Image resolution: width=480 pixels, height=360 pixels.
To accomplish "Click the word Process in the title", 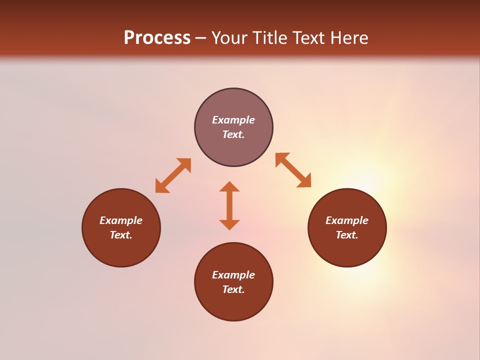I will (x=157, y=38).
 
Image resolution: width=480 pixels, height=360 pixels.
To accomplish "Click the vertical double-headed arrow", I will (x=229, y=205).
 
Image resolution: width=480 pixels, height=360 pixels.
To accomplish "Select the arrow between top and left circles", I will (x=173, y=175).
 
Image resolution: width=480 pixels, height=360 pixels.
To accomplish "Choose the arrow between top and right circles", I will (x=293, y=170).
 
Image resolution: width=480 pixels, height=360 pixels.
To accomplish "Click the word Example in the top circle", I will (x=233, y=120).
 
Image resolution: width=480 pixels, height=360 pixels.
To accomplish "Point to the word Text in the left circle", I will (x=121, y=235).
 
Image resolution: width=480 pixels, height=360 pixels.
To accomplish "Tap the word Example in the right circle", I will (x=347, y=220).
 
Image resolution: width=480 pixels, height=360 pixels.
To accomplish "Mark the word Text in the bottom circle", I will (x=233, y=289).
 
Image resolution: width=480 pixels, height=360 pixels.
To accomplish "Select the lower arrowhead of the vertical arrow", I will (x=229, y=224).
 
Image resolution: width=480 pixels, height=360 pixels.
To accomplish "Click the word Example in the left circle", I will (x=121, y=220).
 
